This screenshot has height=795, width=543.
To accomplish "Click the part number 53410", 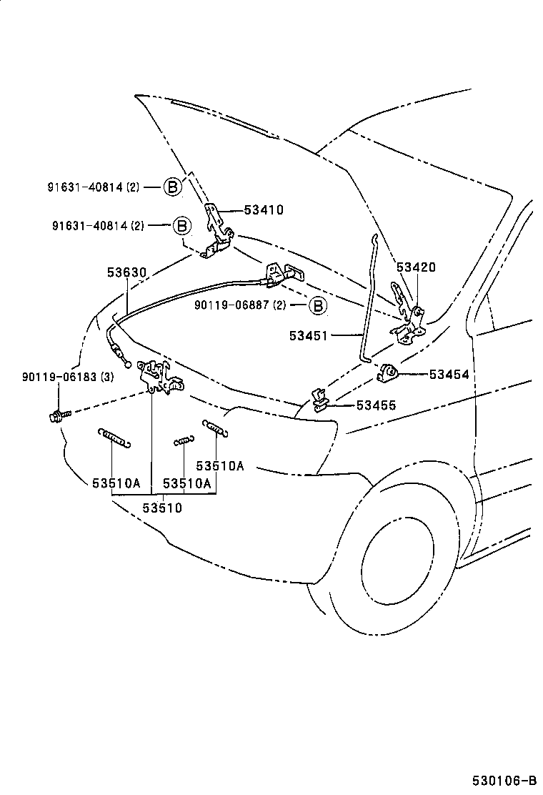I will coord(264,210).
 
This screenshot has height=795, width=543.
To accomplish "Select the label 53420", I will coord(416,267).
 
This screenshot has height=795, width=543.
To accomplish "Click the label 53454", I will coord(449,374).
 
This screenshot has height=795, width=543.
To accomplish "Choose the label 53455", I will coord(376,405).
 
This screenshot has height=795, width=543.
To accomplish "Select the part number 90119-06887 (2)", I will coord(240,305).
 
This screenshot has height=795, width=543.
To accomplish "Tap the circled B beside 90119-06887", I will coord(317,306).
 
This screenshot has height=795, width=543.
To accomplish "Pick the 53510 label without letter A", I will coord(163,508).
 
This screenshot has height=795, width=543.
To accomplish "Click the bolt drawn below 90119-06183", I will coord(57,415).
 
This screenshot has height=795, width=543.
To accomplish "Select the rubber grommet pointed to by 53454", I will coord(387,372).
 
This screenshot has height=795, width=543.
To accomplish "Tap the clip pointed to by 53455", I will coord(319,400).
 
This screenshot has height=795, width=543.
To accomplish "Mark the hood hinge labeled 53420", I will coord(406,315).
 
